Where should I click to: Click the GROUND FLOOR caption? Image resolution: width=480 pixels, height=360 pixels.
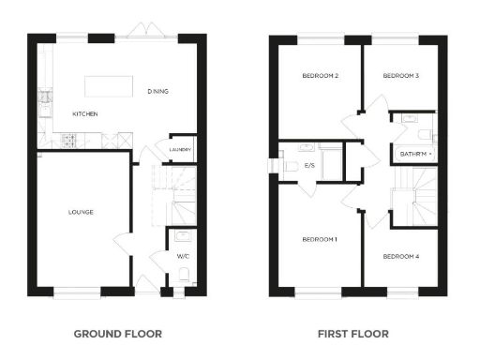point(117,333)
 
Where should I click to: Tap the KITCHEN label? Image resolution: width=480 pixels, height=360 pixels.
point(85,114)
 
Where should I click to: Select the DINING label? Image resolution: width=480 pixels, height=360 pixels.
point(157,92)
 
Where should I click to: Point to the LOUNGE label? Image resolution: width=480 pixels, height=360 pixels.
point(81,212)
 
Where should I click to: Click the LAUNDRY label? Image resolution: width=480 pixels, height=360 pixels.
point(181,149)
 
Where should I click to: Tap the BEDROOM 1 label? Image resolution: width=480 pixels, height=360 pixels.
point(319,240)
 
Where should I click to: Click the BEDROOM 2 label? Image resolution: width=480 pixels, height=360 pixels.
point(320,75)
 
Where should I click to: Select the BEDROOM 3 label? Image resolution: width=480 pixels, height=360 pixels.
point(400,75)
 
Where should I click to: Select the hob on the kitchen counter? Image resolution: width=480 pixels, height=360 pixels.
point(68,142)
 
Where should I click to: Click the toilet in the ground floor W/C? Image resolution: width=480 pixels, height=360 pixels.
point(184,274)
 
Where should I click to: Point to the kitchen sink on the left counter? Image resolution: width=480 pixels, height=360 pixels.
point(42,97)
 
